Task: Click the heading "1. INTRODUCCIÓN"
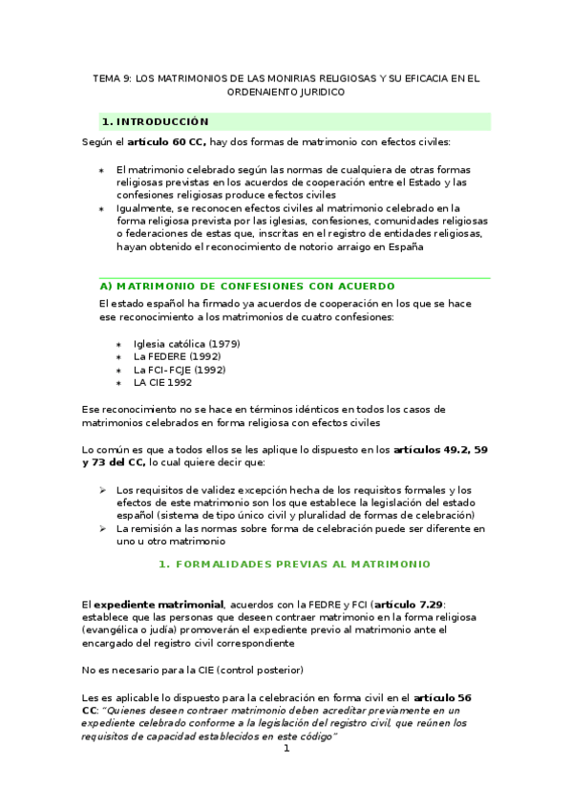(155, 121)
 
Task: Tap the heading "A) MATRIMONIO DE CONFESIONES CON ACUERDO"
(247, 286)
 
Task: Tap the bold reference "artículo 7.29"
(410, 604)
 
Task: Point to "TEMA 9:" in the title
(112, 79)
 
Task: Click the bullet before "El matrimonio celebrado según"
(102, 170)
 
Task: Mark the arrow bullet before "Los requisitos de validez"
(102, 490)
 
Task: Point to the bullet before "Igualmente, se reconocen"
(102, 207)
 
